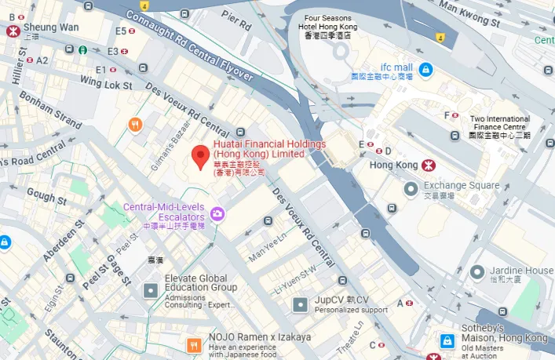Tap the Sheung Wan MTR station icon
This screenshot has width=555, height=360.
click(13, 31)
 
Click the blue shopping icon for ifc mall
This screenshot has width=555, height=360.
click(425, 71)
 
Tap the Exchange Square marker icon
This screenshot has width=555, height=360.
click(411, 188)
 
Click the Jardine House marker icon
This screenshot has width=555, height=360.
click(477, 272)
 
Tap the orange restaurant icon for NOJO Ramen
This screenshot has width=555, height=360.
click(193, 343)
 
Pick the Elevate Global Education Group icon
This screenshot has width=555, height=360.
click(150, 291)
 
